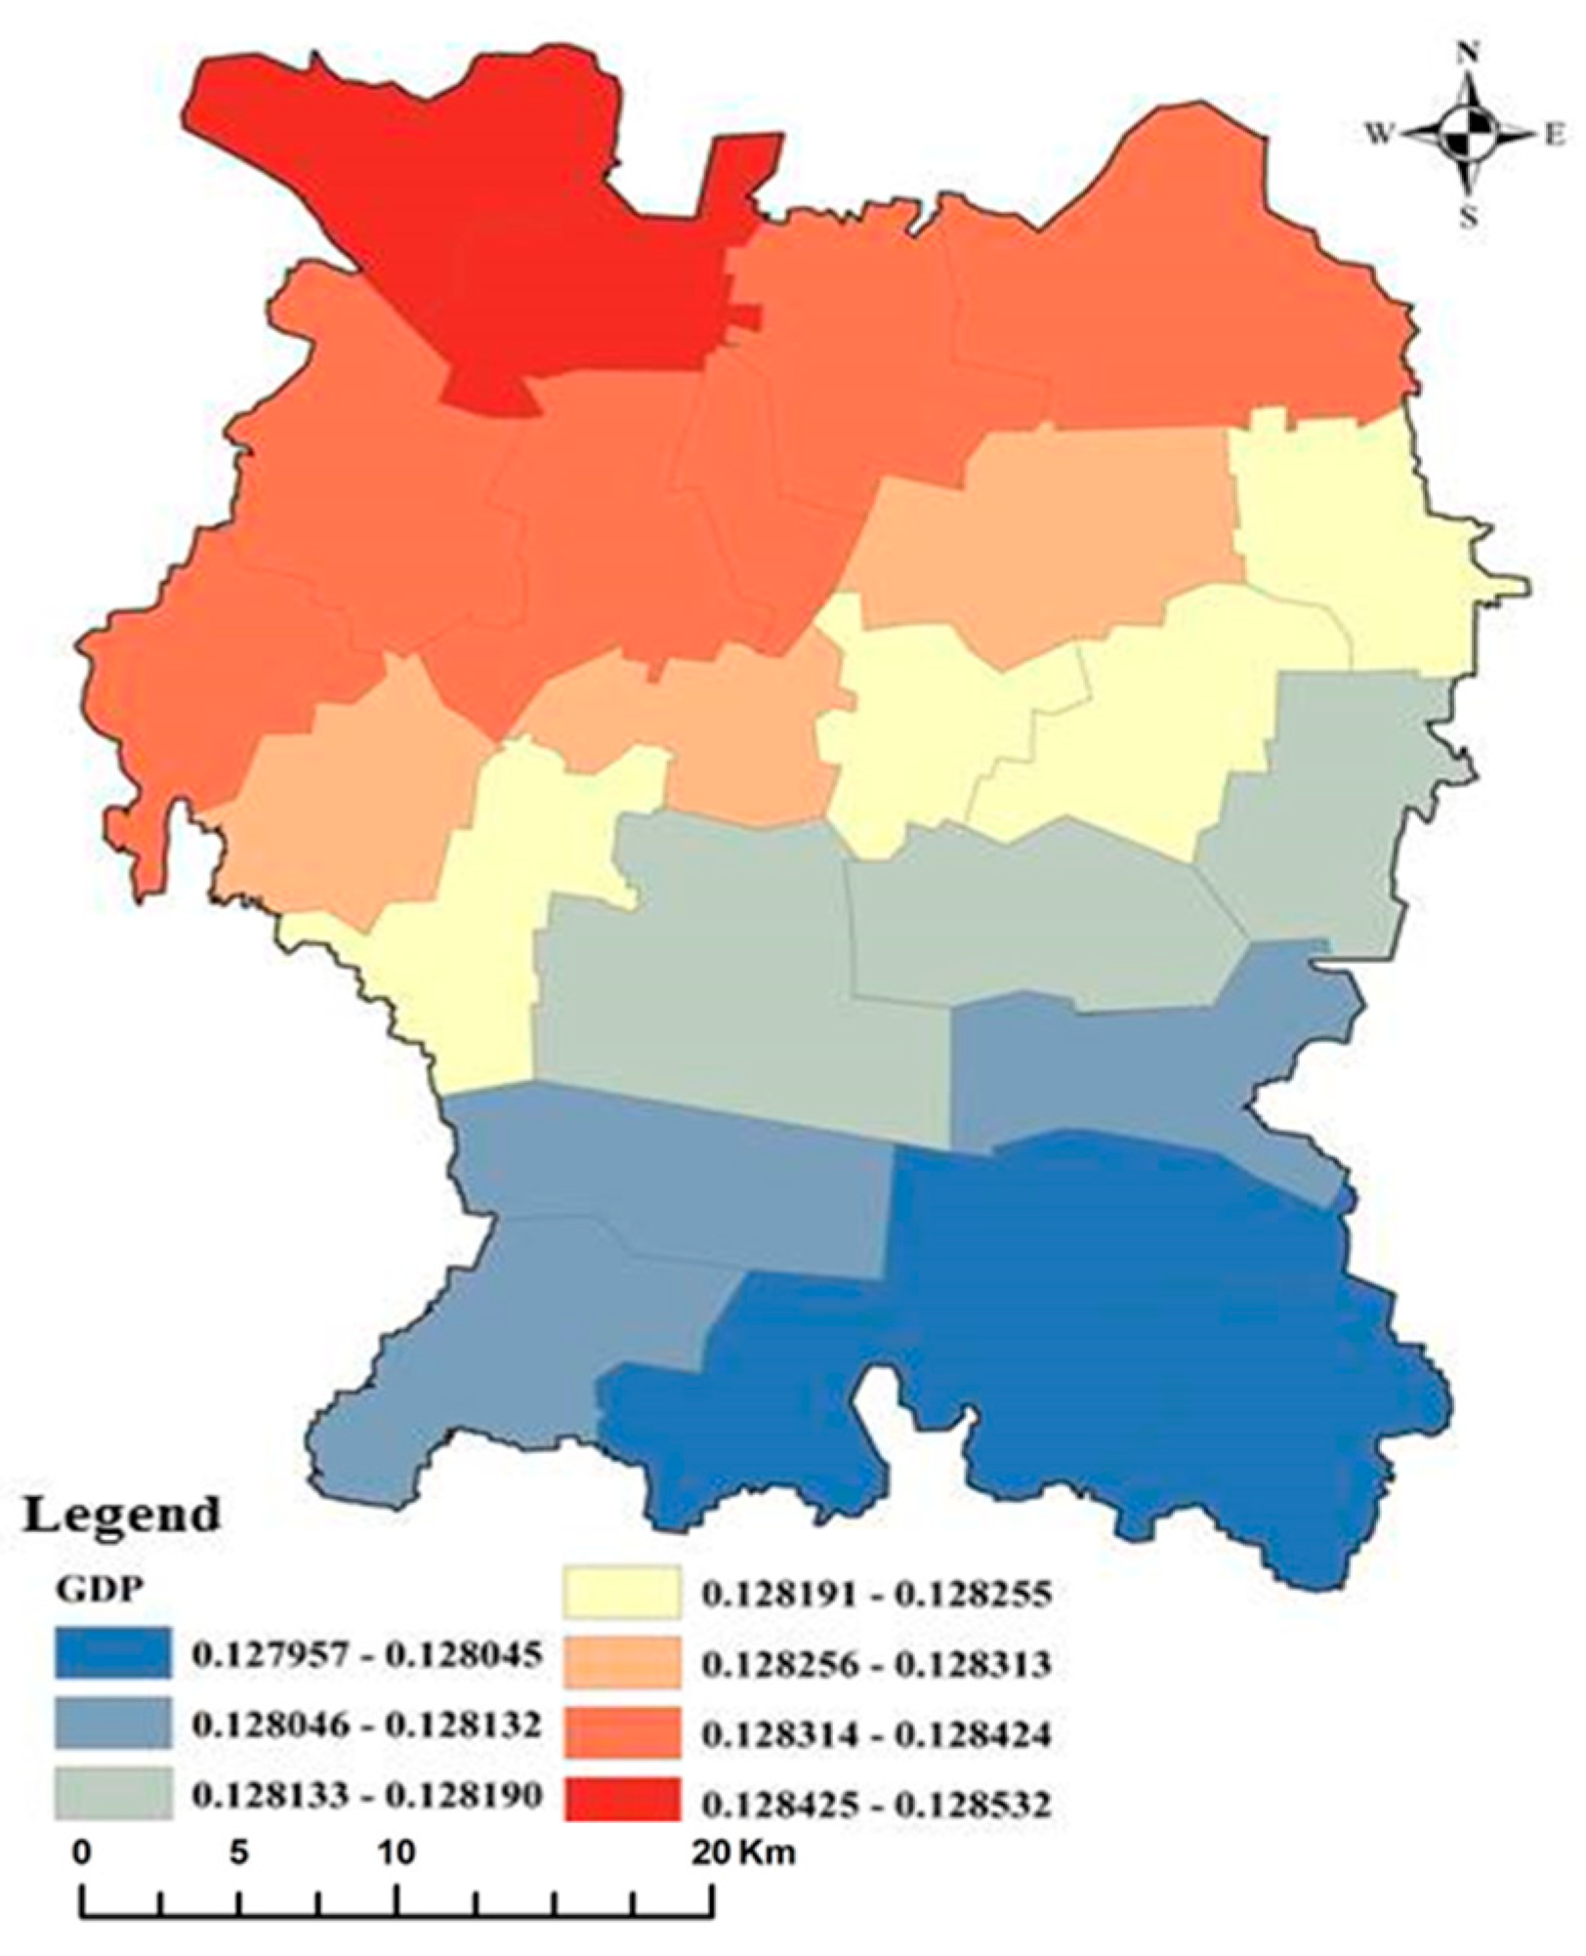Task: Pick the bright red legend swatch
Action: (623, 1800)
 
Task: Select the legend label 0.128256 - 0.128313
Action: (875, 1663)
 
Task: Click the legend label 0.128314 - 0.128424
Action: (875, 1733)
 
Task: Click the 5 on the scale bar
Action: (239, 1851)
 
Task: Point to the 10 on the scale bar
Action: (396, 1851)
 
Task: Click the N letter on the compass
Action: (1466, 57)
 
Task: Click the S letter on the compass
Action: (1467, 219)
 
